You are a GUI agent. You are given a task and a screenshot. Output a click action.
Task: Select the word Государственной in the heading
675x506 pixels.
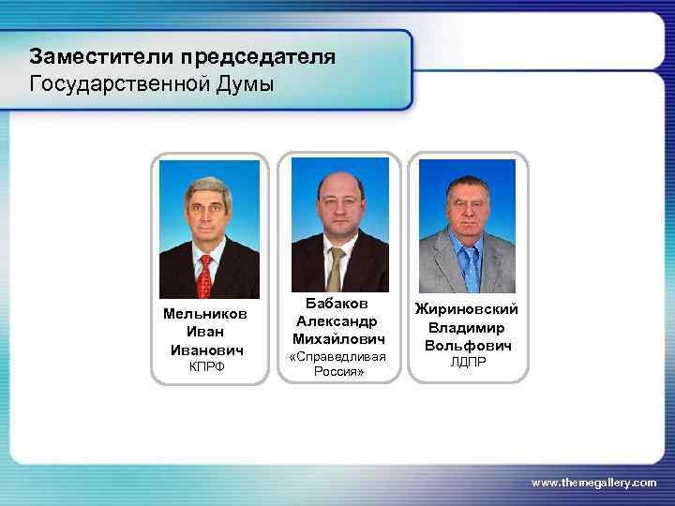coord(126,84)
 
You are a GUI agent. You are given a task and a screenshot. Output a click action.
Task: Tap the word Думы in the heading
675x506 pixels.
coord(249,84)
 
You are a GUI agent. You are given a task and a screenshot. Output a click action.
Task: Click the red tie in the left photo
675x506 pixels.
coord(205,274)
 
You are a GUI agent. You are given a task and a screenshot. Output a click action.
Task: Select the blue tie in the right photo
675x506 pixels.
coord(470,268)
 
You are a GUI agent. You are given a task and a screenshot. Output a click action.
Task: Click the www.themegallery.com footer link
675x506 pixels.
coord(593,482)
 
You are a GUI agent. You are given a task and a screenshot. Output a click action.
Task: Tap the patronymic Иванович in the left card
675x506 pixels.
coord(205,350)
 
